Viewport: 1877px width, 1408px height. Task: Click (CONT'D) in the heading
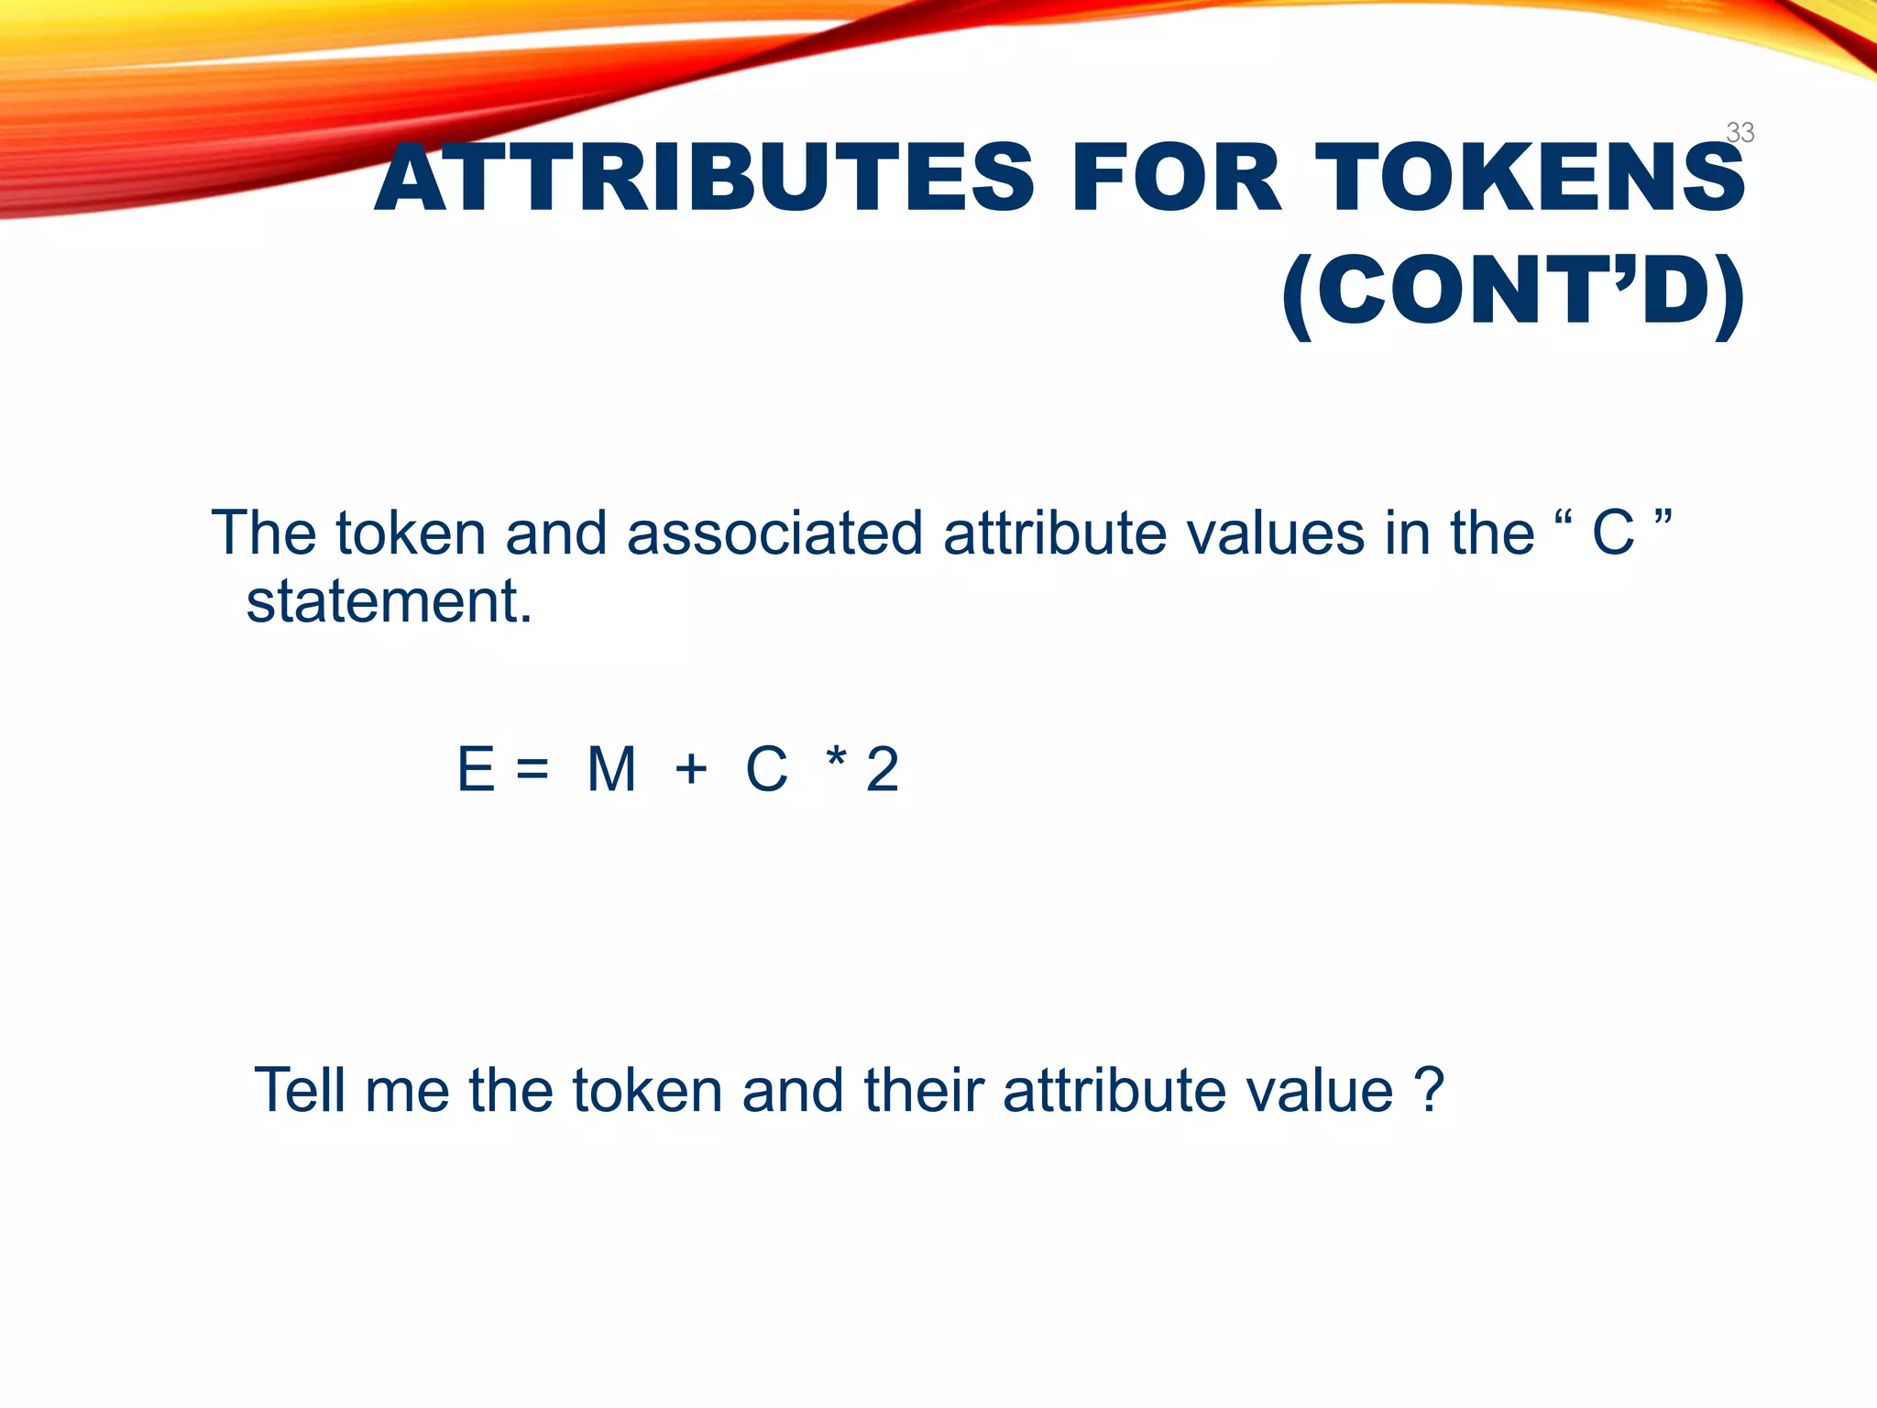(x=1512, y=291)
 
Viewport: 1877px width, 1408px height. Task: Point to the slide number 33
(x=1740, y=133)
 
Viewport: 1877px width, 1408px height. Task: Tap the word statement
(x=389, y=602)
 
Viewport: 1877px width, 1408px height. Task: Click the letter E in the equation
(x=476, y=769)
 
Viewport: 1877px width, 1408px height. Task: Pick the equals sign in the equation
(x=532, y=769)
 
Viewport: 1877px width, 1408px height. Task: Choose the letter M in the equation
(x=611, y=769)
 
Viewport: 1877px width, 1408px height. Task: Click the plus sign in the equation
(x=691, y=769)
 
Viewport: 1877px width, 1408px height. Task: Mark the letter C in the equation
(x=766, y=769)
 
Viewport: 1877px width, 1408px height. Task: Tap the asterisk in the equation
(x=835, y=760)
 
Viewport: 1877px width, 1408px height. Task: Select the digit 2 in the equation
(x=882, y=769)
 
